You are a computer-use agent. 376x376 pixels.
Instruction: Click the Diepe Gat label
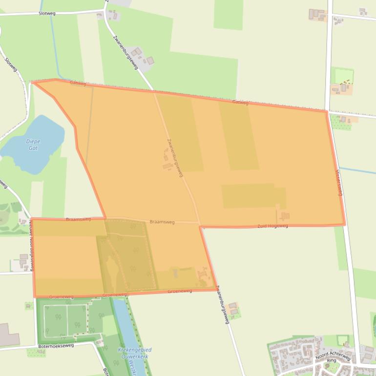[33, 145]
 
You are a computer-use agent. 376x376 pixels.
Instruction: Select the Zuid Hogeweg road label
[272, 226]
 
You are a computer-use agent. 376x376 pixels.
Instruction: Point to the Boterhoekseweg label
[56, 346]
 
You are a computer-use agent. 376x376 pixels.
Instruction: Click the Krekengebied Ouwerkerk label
[135, 353]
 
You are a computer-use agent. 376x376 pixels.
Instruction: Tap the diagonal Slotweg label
[11, 65]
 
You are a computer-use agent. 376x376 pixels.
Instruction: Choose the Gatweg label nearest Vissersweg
[240, 102]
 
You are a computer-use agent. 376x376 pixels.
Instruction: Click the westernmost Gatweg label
[78, 83]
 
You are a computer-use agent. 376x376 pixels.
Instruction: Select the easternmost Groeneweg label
[180, 291]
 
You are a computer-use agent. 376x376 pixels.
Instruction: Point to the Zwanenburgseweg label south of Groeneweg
[223, 305]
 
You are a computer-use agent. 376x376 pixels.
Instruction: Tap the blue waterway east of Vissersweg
[359, 170]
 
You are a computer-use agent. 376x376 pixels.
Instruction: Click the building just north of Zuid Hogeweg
[285, 216]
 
